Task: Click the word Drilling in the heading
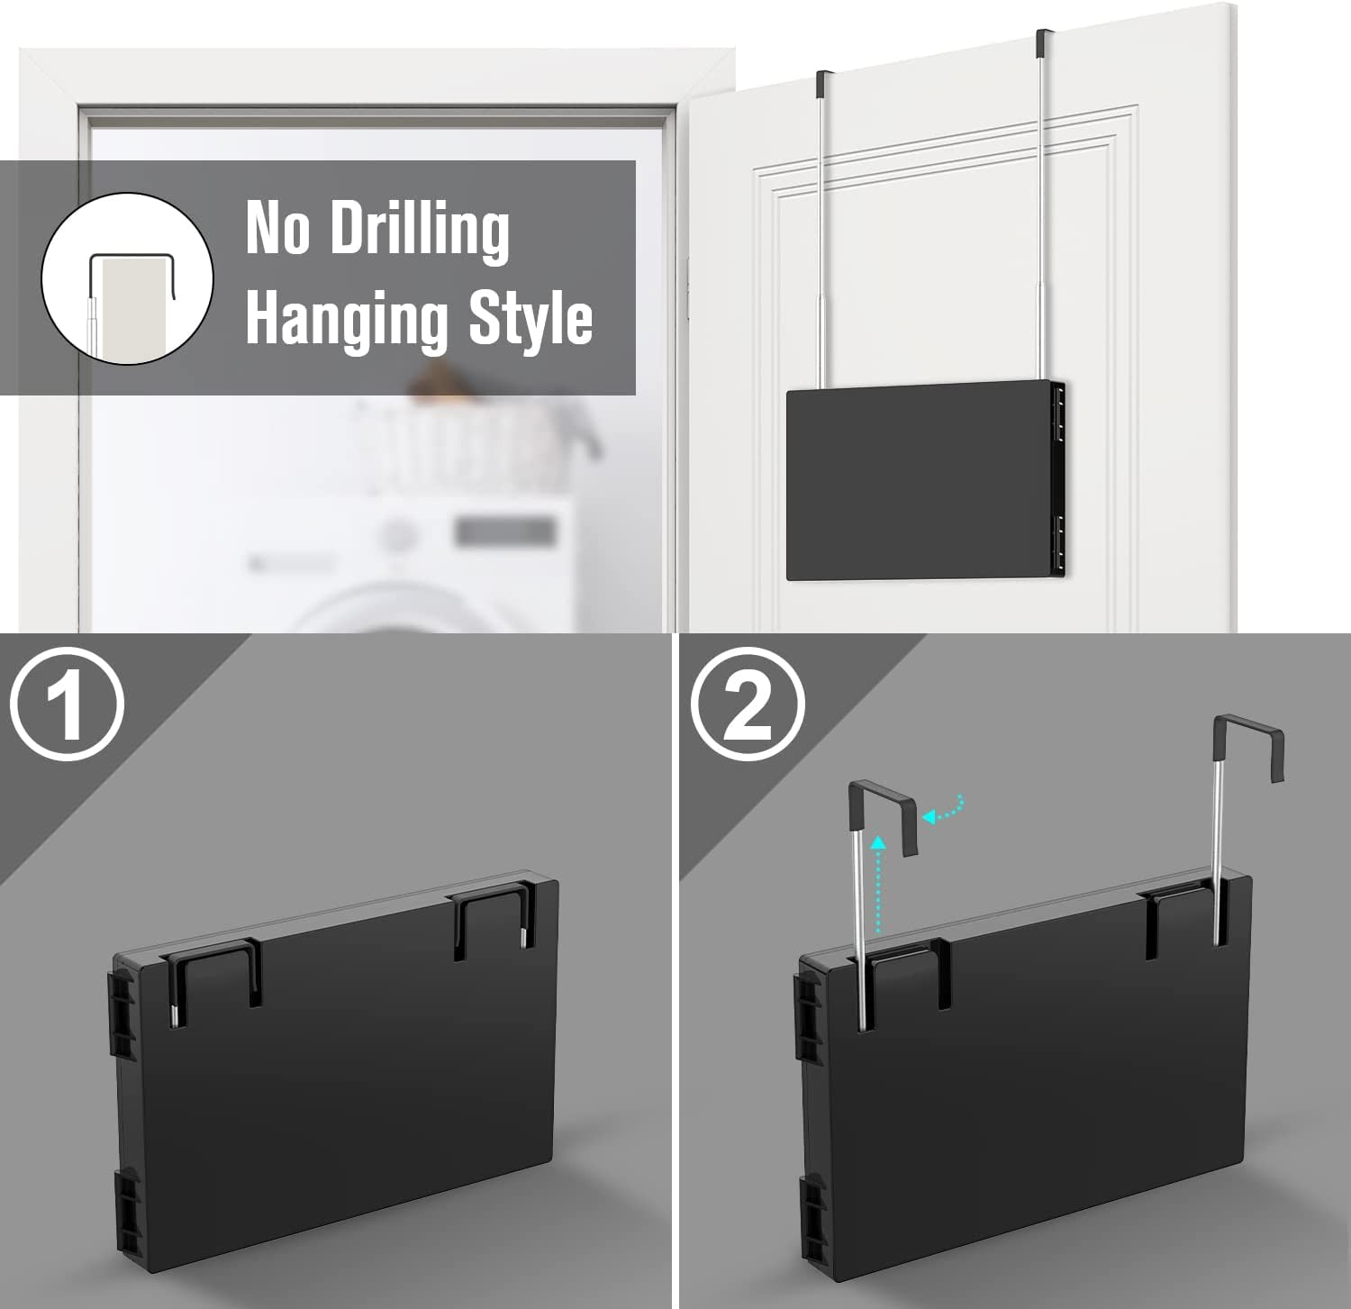pos(420,231)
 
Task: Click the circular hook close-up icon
pos(127,278)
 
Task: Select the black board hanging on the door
pos(925,480)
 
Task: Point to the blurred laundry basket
pos(477,441)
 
